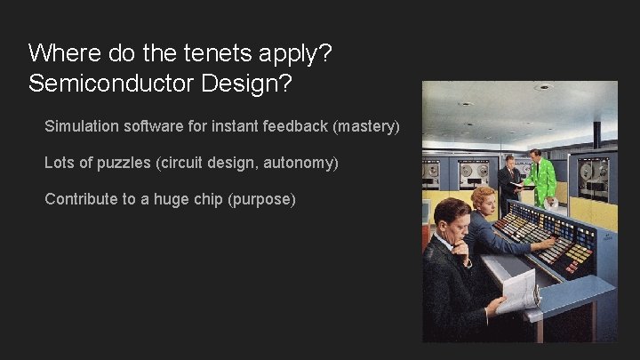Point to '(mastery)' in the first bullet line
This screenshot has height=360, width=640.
point(366,126)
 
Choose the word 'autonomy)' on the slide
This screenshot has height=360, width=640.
point(301,163)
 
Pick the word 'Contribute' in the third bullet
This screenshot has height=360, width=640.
point(81,199)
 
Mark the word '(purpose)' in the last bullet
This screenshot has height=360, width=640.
point(261,199)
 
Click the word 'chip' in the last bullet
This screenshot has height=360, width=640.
point(208,199)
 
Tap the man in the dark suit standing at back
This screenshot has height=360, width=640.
point(509,182)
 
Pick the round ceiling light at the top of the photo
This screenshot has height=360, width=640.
point(544,87)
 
